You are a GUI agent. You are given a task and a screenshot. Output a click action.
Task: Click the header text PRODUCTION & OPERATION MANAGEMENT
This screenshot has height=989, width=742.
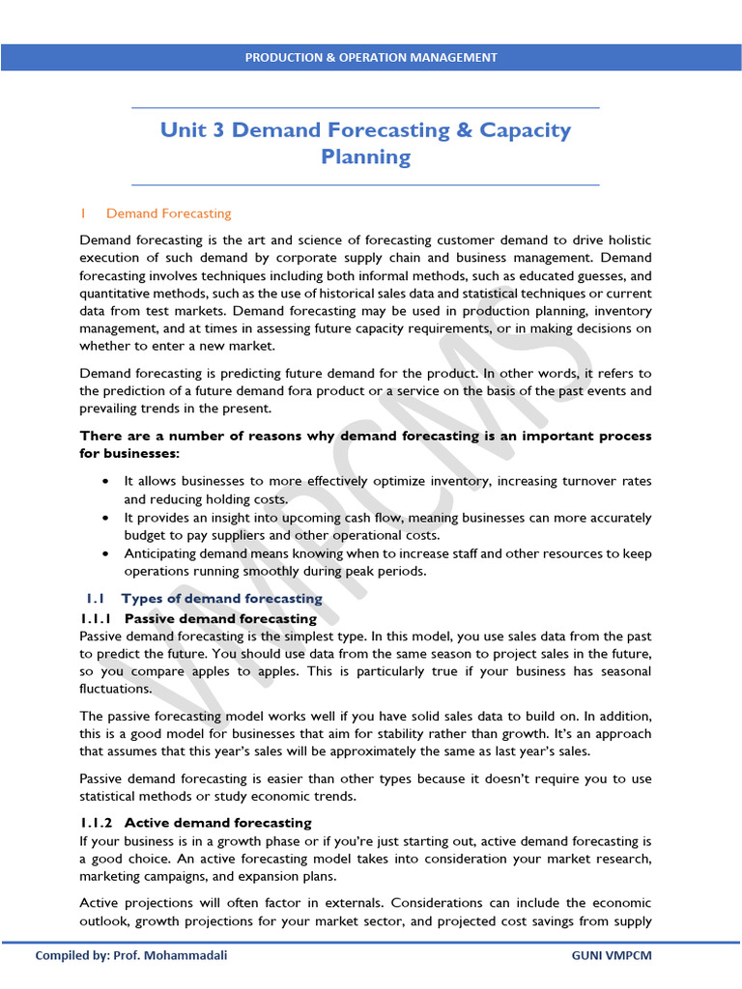pyautogui.click(x=371, y=57)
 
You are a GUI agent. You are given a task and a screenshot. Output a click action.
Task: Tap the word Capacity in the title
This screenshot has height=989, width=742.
pyautogui.click(x=525, y=129)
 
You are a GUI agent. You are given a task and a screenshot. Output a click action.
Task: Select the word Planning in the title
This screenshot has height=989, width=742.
pyautogui.click(x=365, y=156)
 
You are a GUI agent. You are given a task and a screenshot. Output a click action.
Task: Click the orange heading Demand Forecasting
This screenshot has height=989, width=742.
pyautogui.click(x=168, y=213)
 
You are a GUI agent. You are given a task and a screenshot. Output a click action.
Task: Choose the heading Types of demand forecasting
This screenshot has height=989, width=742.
pyautogui.click(x=222, y=599)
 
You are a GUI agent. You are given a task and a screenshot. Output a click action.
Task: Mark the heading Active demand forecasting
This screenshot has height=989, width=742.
pyautogui.click(x=218, y=822)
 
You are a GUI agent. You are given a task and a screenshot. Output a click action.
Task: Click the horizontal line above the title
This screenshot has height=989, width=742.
pyautogui.click(x=365, y=107)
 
